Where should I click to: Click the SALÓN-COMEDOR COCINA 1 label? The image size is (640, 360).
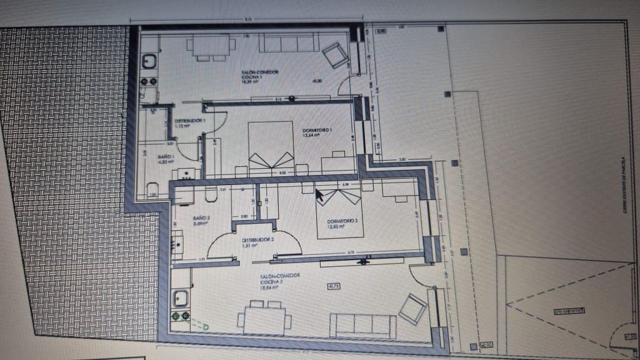pos(260,76)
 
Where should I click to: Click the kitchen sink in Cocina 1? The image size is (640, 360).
pos(150,61)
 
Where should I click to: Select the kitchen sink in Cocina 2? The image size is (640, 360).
pos(181,299)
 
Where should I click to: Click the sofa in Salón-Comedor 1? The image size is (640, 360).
pos(289,43)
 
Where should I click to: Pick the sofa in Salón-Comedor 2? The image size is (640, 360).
pos(363,325)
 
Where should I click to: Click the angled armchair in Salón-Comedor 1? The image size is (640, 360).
pos(335,54)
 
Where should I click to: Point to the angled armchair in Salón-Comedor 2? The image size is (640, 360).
pos(412,307)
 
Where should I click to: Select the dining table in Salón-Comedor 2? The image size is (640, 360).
pos(264,318)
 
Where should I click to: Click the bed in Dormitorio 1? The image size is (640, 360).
pos(271,145)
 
